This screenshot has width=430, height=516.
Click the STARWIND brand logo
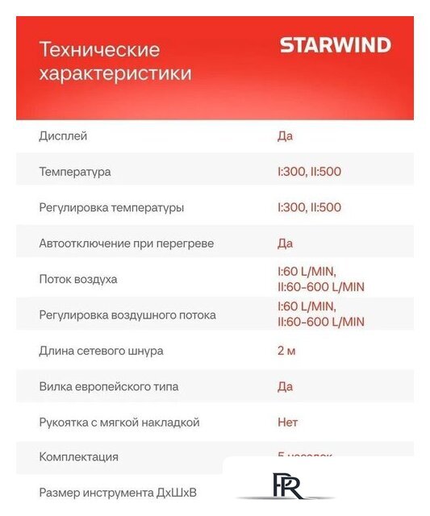[x=335, y=46]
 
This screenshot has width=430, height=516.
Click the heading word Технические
[x=99, y=50]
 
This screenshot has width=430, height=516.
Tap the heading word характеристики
[x=115, y=74]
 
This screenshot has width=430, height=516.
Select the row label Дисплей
[x=63, y=136]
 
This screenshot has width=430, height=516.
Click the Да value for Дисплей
[x=285, y=136]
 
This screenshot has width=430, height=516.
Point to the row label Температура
[x=75, y=172]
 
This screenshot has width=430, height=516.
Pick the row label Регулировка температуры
[x=111, y=207]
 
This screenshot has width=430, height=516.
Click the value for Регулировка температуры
[x=309, y=207]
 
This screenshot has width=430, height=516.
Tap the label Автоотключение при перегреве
[x=127, y=243]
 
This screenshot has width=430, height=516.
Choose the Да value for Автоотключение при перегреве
[x=285, y=243]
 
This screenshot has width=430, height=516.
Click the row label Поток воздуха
[x=78, y=279]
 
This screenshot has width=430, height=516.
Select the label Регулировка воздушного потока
[x=127, y=315]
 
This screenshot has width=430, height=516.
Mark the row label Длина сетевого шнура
[x=101, y=351]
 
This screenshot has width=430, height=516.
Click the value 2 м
[x=286, y=351]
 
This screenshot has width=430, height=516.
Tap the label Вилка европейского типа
[x=109, y=386]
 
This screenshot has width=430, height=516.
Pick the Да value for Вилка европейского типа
[x=285, y=386]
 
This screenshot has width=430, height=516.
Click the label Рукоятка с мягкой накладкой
[x=119, y=422]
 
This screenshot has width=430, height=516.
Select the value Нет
[x=287, y=422]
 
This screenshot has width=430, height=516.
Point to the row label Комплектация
[x=78, y=457]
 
